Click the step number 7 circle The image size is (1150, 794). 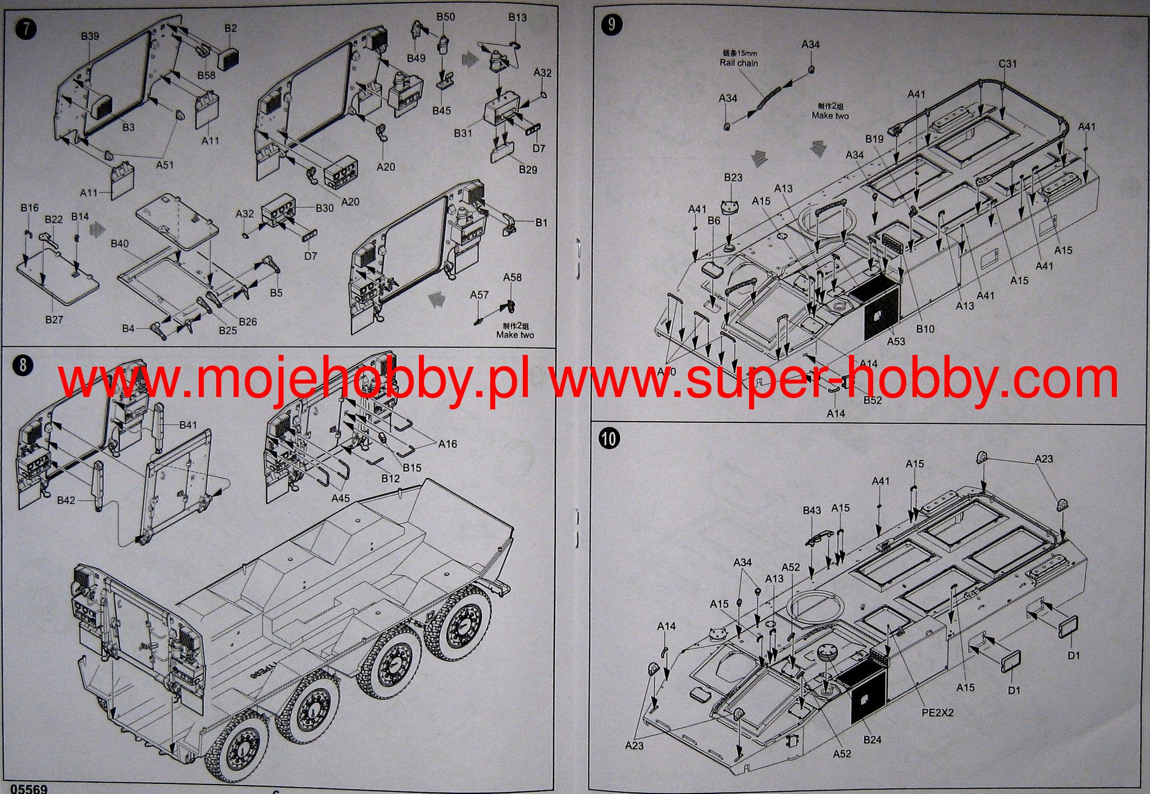[26, 29]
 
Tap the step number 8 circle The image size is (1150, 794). [22, 366]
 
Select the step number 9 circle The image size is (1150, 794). [611, 24]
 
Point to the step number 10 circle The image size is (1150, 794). [609, 438]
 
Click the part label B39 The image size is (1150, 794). [90, 36]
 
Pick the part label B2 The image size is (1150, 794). [230, 28]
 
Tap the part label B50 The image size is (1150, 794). [445, 17]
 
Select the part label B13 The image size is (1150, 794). [517, 17]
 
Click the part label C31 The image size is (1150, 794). [1007, 64]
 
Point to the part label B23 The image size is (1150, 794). [733, 177]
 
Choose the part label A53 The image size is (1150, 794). [896, 341]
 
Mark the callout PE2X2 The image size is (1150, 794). [937, 713]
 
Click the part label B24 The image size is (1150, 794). [872, 740]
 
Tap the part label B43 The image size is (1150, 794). [811, 510]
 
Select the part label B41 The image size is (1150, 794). [188, 425]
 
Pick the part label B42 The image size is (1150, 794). [66, 500]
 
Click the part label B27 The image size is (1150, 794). [54, 320]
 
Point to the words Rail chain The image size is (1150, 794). [739, 63]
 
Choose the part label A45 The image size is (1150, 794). [340, 498]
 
